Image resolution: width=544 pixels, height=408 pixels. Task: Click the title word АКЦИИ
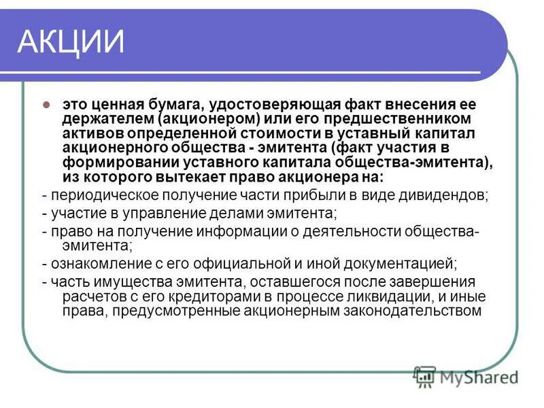point(71,42)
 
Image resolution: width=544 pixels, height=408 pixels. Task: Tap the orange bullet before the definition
point(46,105)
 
